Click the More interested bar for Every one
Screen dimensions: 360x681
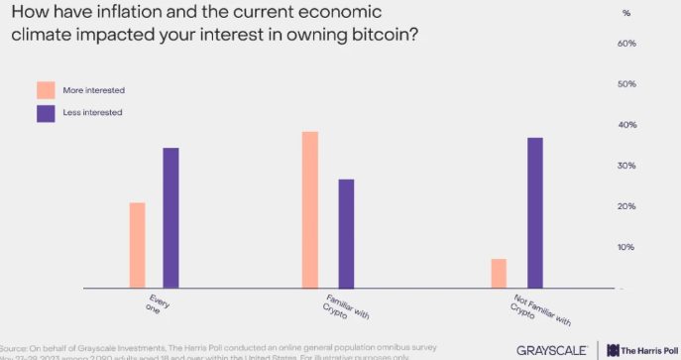click(x=137, y=245)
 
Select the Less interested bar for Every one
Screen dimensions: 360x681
click(x=170, y=217)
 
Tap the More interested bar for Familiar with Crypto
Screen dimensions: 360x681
click(x=310, y=209)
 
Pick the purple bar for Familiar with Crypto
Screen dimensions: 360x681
click(x=346, y=233)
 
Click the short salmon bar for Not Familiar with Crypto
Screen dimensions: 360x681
click(x=499, y=273)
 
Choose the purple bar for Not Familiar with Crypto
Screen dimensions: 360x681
click(x=534, y=212)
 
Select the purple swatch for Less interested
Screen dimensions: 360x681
click(x=46, y=113)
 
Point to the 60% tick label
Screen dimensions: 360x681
click(x=626, y=45)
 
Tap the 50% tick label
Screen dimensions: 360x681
click(x=626, y=85)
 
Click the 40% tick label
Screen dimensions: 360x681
click(x=626, y=126)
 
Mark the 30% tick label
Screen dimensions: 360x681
click(x=626, y=166)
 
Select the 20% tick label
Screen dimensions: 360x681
click(x=626, y=206)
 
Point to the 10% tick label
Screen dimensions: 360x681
click(x=626, y=247)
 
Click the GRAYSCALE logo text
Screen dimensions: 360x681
click(x=552, y=349)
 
